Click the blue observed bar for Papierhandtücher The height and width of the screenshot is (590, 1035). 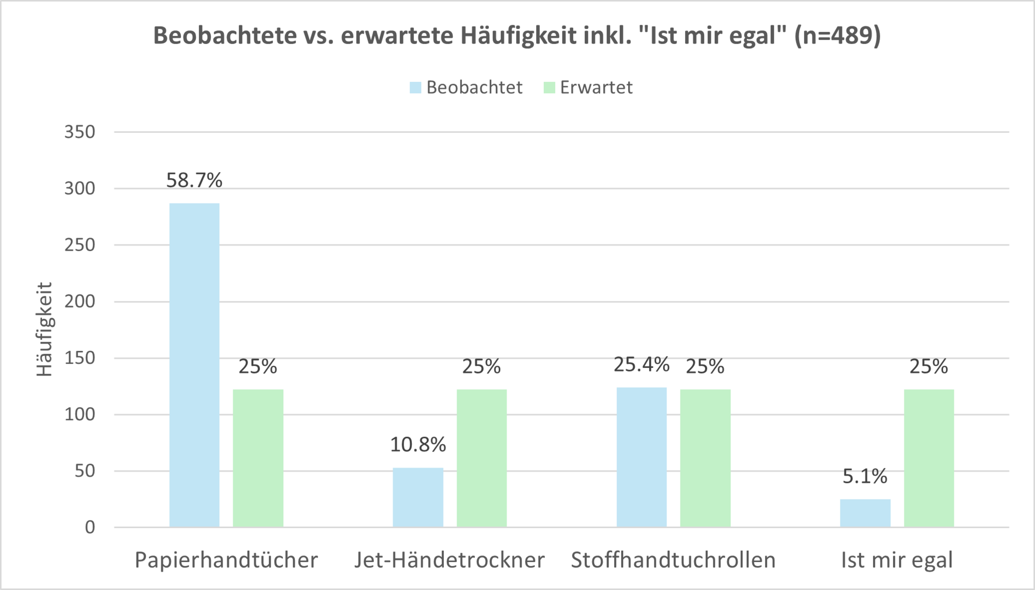pos(194,365)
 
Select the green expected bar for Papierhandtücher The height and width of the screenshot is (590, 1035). pos(258,458)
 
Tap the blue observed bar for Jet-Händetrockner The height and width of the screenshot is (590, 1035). pos(418,498)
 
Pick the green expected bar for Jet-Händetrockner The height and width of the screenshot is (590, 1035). pos(482,458)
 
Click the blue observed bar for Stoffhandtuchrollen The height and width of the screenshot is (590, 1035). pos(641,457)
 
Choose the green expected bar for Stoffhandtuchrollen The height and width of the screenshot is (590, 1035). pos(705,458)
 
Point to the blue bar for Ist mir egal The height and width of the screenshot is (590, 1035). pos(865,513)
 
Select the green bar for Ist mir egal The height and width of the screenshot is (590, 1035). pos(929,458)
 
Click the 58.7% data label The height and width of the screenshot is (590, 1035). pos(194,181)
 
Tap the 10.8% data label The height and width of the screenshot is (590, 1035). pos(418,445)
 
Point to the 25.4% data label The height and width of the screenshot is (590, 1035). pos(641,365)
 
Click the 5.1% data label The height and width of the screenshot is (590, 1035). pos(865,476)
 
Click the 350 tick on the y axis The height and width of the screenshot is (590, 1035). pos(80,132)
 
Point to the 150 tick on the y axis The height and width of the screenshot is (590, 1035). pos(80,358)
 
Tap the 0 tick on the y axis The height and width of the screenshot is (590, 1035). pos(90,527)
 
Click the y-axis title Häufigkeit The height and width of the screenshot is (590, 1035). pos(44,329)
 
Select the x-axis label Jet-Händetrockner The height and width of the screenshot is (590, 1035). pos(449,560)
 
